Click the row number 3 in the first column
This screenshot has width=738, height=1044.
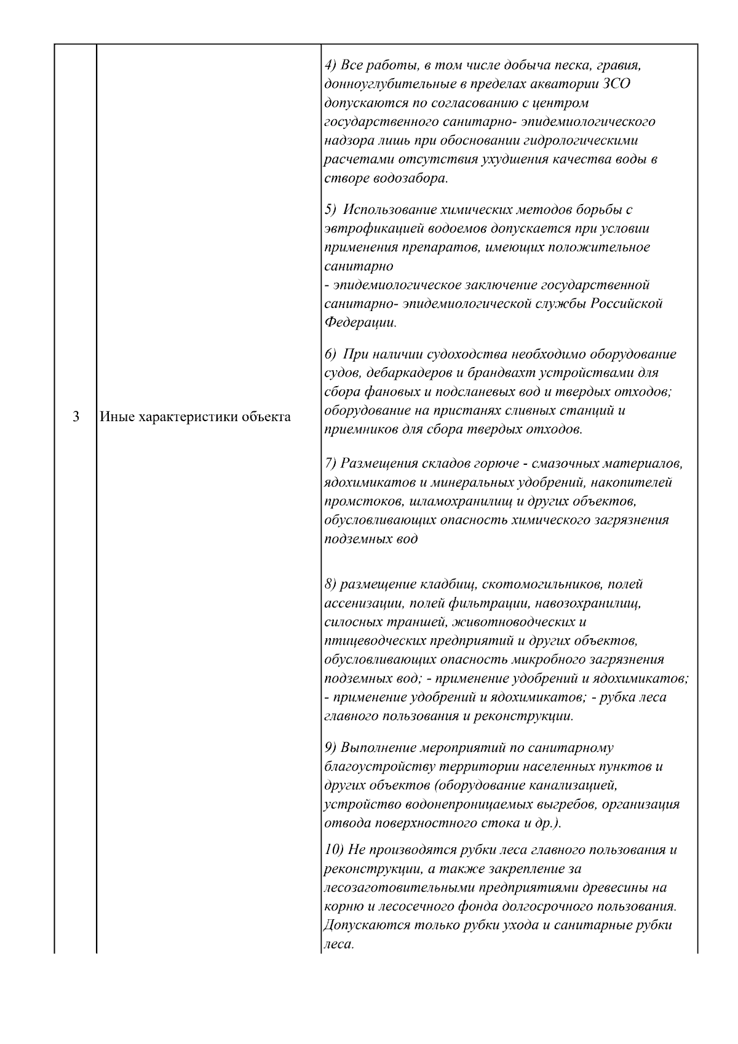[76, 417]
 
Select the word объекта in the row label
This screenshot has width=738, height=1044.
[266, 417]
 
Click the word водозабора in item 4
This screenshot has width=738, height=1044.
[410, 179]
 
